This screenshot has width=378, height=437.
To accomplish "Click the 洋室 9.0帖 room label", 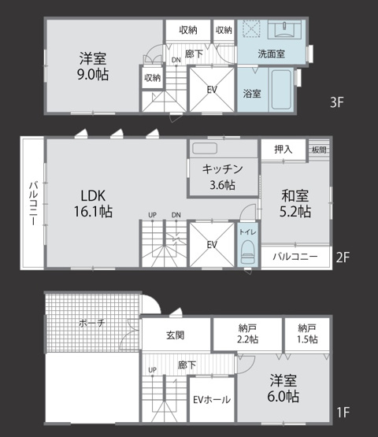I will (x=94, y=66).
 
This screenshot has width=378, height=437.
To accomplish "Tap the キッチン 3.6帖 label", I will (x=221, y=177).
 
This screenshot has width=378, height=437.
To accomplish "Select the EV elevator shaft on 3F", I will (x=212, y=90).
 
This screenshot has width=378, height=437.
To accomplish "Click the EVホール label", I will (x=211, y=400).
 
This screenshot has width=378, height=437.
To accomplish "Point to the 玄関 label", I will (x=176, y=335).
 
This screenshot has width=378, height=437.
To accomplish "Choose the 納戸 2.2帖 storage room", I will (x=248, y=334).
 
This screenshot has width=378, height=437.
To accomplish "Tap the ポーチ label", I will (x=91, y=323).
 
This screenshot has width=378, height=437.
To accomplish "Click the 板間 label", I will (x=318, y=149).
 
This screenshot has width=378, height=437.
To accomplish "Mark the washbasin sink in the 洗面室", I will (x=284, y=30).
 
